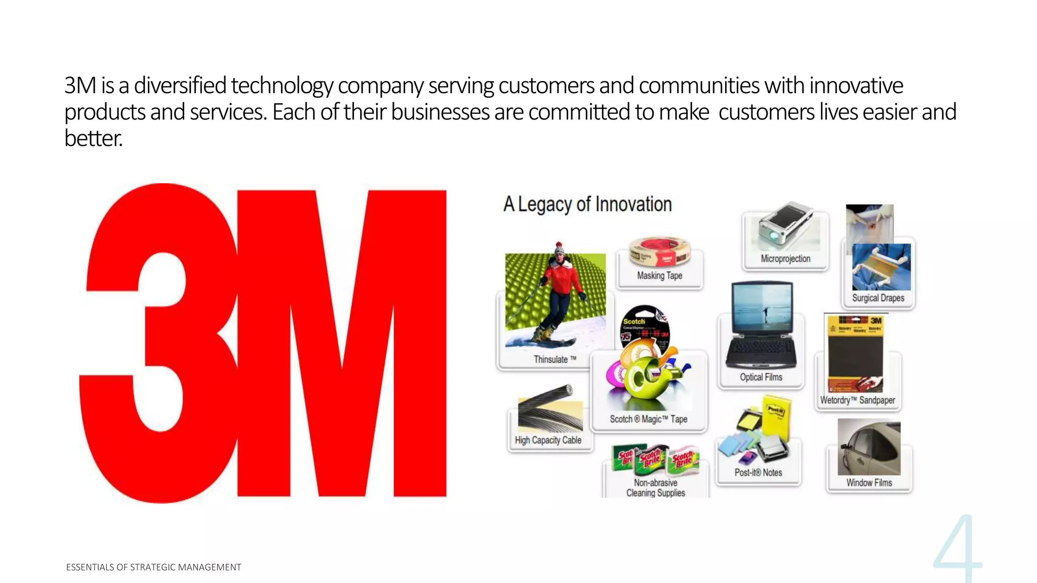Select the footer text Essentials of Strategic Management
153,567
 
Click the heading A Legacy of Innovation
587,204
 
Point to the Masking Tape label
659,276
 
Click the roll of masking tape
659,252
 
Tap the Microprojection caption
785,259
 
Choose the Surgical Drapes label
878,298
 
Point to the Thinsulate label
554,359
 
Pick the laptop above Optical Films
761,326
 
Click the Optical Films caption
761,377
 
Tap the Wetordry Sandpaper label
857,400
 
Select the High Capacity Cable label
548,440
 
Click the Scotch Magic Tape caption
648,419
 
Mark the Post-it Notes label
758,473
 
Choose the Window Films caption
869,483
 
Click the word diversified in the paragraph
180,86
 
